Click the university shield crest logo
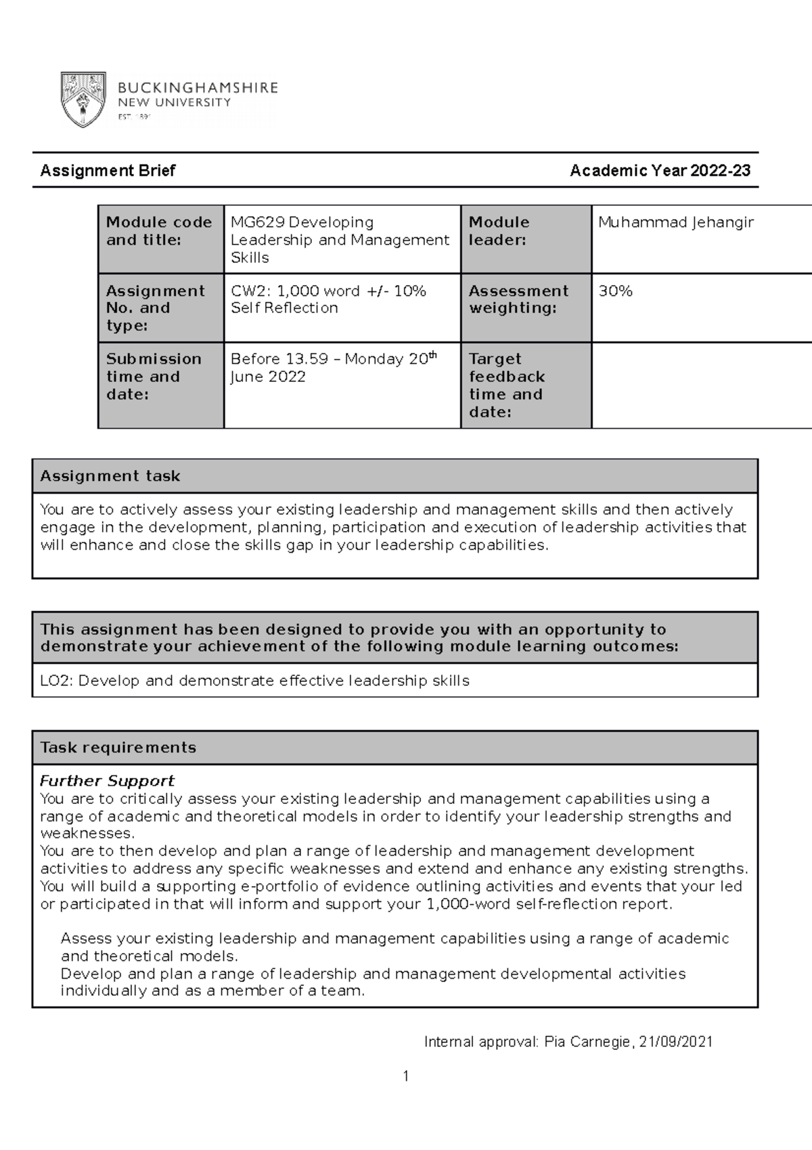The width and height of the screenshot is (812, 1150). click(83, 100)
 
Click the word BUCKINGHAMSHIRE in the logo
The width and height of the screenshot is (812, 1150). click(198, 88)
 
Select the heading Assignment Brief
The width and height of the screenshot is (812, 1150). click(108, 171)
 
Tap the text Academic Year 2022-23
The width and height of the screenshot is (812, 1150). click(660, 171)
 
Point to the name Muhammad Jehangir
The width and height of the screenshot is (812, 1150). click(675, 222)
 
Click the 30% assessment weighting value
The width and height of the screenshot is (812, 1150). click(615, 291)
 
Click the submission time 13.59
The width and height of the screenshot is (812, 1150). click(306, 360)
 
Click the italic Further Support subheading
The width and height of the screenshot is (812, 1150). click(107, 781)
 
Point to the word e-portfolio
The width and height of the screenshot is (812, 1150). click(273, 887)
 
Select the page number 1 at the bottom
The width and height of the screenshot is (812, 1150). click(405, 1076)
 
